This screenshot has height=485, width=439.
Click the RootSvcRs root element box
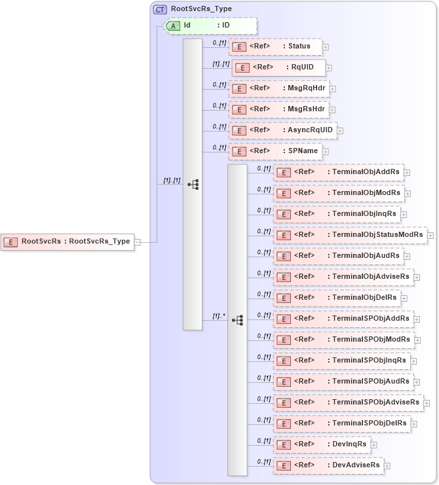pos(67,242)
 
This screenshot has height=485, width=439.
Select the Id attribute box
pos(210,26)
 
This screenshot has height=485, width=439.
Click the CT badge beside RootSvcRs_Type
pos(160,9)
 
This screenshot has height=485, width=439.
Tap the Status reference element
pos(275,46)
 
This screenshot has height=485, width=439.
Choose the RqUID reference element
pos(278,67)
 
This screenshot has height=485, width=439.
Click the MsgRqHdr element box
pos(278,88)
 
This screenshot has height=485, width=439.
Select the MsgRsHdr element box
pos(278,109)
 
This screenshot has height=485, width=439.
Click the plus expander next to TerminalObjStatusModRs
pos(430,236)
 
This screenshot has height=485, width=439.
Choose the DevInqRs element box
pos(321,444)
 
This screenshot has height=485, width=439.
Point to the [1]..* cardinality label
pos(218,316)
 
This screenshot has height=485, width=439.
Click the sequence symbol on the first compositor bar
pos(193,185)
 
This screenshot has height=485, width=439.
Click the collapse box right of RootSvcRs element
pos(138,242)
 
